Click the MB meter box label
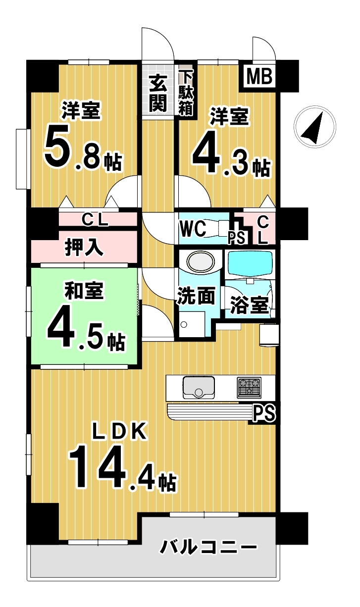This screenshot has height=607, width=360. [259, 76]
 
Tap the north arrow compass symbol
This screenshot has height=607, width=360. [315, 127]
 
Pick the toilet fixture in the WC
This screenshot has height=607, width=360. [217, 228]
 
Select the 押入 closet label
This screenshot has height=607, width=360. [84, 248]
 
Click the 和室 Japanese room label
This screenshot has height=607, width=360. [84, 291]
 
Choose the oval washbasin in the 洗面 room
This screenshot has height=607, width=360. [201, 261]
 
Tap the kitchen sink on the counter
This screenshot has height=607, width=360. [199, 388]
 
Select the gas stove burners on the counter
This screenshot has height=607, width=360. [249, 388]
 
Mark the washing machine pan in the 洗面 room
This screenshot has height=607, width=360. [192, 324]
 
